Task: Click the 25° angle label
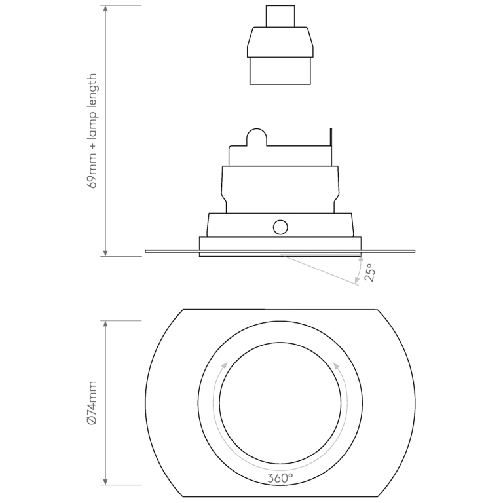(x=370, y=272)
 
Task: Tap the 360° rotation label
(x=280, y=477)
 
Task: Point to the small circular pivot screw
(x=280, y=227)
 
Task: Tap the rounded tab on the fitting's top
(x=255, y=138)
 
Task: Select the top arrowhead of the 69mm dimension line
(x=105, y=9)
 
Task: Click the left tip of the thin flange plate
(x=147, y=250)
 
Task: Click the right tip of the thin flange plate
(x=413, y=250)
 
